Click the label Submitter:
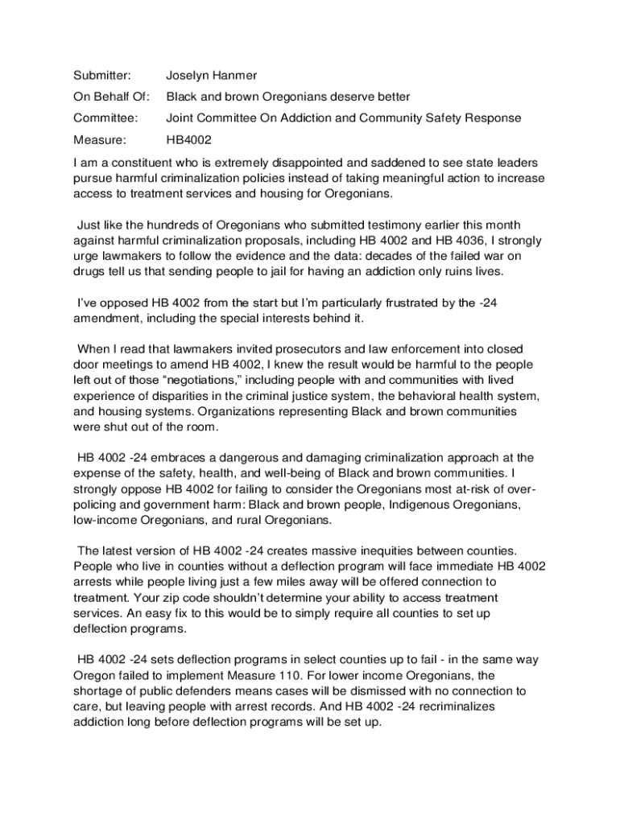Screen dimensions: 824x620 pos(101,76)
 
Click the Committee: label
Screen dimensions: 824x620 pos(105,118)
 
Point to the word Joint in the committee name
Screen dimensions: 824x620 pos(180,118)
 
